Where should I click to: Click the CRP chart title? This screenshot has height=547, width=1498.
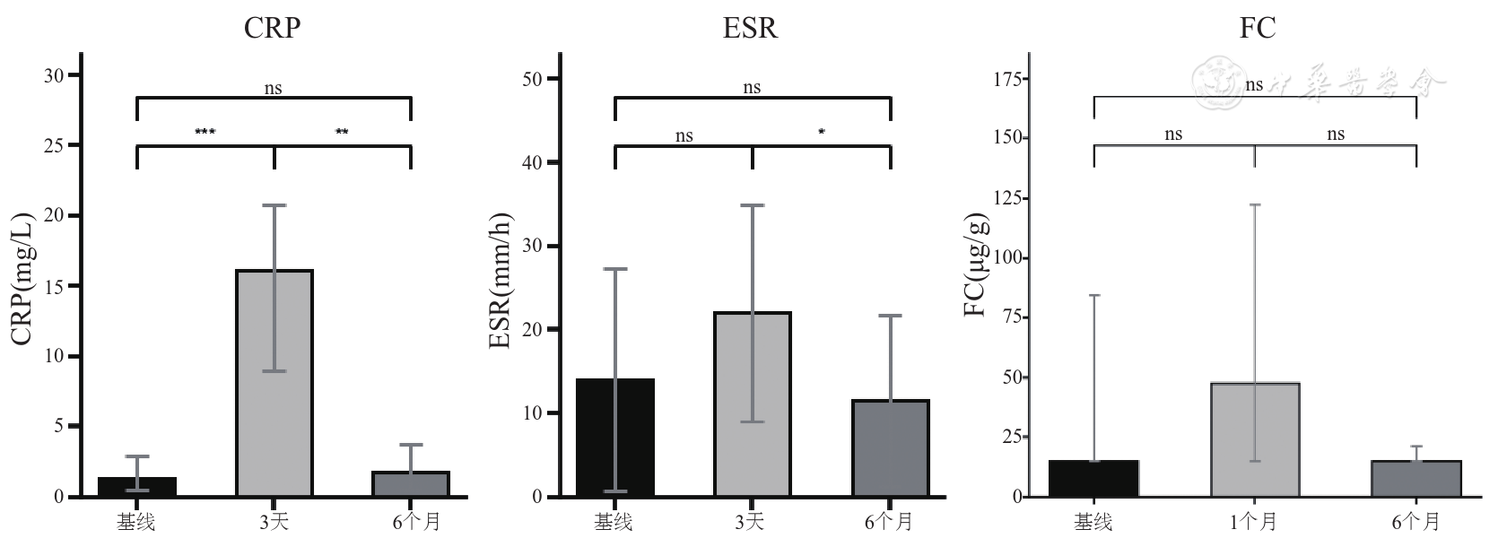[x=272, y=28]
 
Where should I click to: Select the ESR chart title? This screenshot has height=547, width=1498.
[x=750, y=28]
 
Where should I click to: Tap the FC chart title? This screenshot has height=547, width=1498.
[x=1257, y=28]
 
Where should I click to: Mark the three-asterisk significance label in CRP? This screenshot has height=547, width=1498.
[x=205, y=133]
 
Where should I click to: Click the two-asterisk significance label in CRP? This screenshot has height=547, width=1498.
[x=342, y=133]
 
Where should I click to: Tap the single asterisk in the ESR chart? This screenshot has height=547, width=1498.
[x=821, y=133]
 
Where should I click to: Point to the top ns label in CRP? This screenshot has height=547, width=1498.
[x=273, y=88]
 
